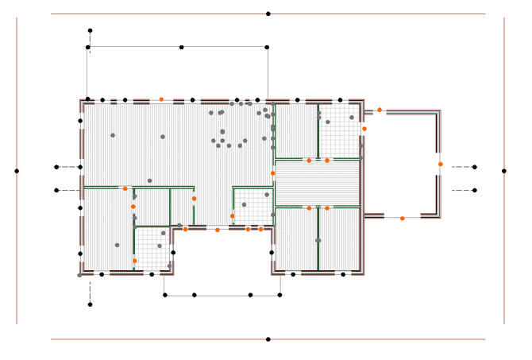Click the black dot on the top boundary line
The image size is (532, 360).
click(268, 14)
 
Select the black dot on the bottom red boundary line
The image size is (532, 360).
click(268, 339)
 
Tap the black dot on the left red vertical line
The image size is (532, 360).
click(17, 171)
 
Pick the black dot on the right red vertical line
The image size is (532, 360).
click(503, 171)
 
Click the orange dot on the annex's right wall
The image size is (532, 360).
click(440, 165)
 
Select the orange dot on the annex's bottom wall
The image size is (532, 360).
click(402, 218)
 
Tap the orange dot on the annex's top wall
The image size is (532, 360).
click(380, 110)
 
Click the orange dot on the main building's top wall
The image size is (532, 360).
click(161, 99)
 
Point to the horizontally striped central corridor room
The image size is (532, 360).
click(316, 184)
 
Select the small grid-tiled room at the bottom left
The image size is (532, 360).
click(152, 248)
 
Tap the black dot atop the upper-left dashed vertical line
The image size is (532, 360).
click(90, 30)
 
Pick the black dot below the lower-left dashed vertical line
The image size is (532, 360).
click(90, 304)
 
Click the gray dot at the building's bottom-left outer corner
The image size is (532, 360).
click(79, 275)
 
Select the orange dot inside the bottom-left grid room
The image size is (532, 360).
click(134, 261)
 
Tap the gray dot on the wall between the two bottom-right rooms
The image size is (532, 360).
click(318, 240)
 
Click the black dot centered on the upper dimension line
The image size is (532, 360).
click(181, 47)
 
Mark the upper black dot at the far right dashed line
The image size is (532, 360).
click(475, 167)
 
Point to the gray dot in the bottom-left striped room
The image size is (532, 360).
click(117, 245)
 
